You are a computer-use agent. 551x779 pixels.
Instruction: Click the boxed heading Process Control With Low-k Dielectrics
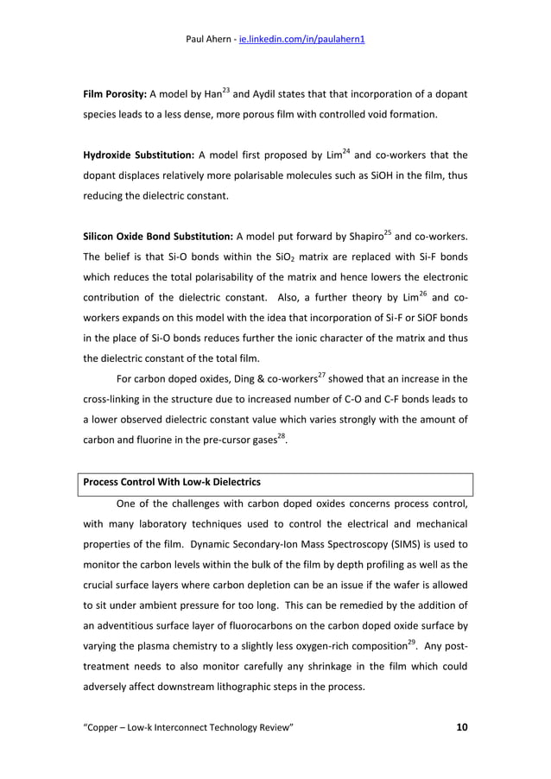tap(172, 481)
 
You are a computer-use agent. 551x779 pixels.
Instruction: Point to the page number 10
tap(461, 727)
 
